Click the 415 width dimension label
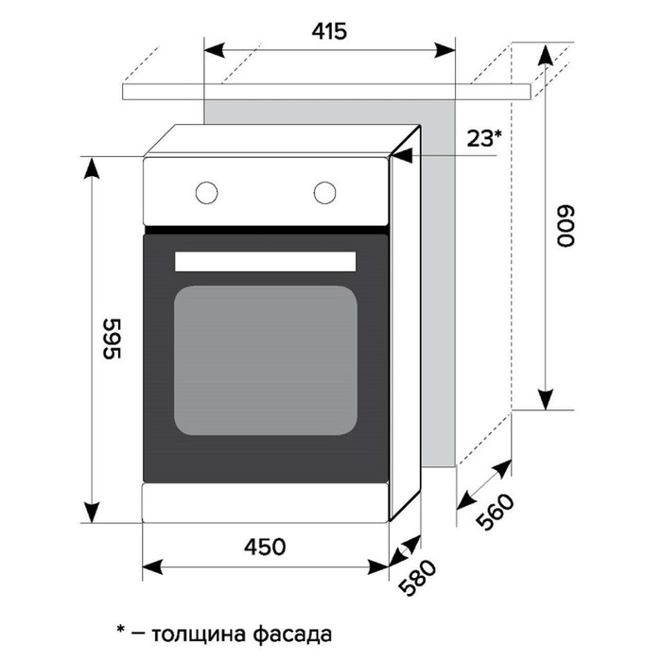328,31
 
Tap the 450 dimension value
265,547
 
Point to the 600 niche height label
565,227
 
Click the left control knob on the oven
205,191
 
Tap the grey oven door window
266,359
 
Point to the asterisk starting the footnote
120,627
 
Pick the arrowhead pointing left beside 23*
401,156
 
